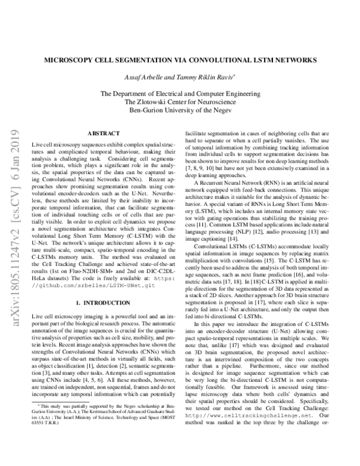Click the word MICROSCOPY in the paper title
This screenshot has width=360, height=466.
73,61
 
